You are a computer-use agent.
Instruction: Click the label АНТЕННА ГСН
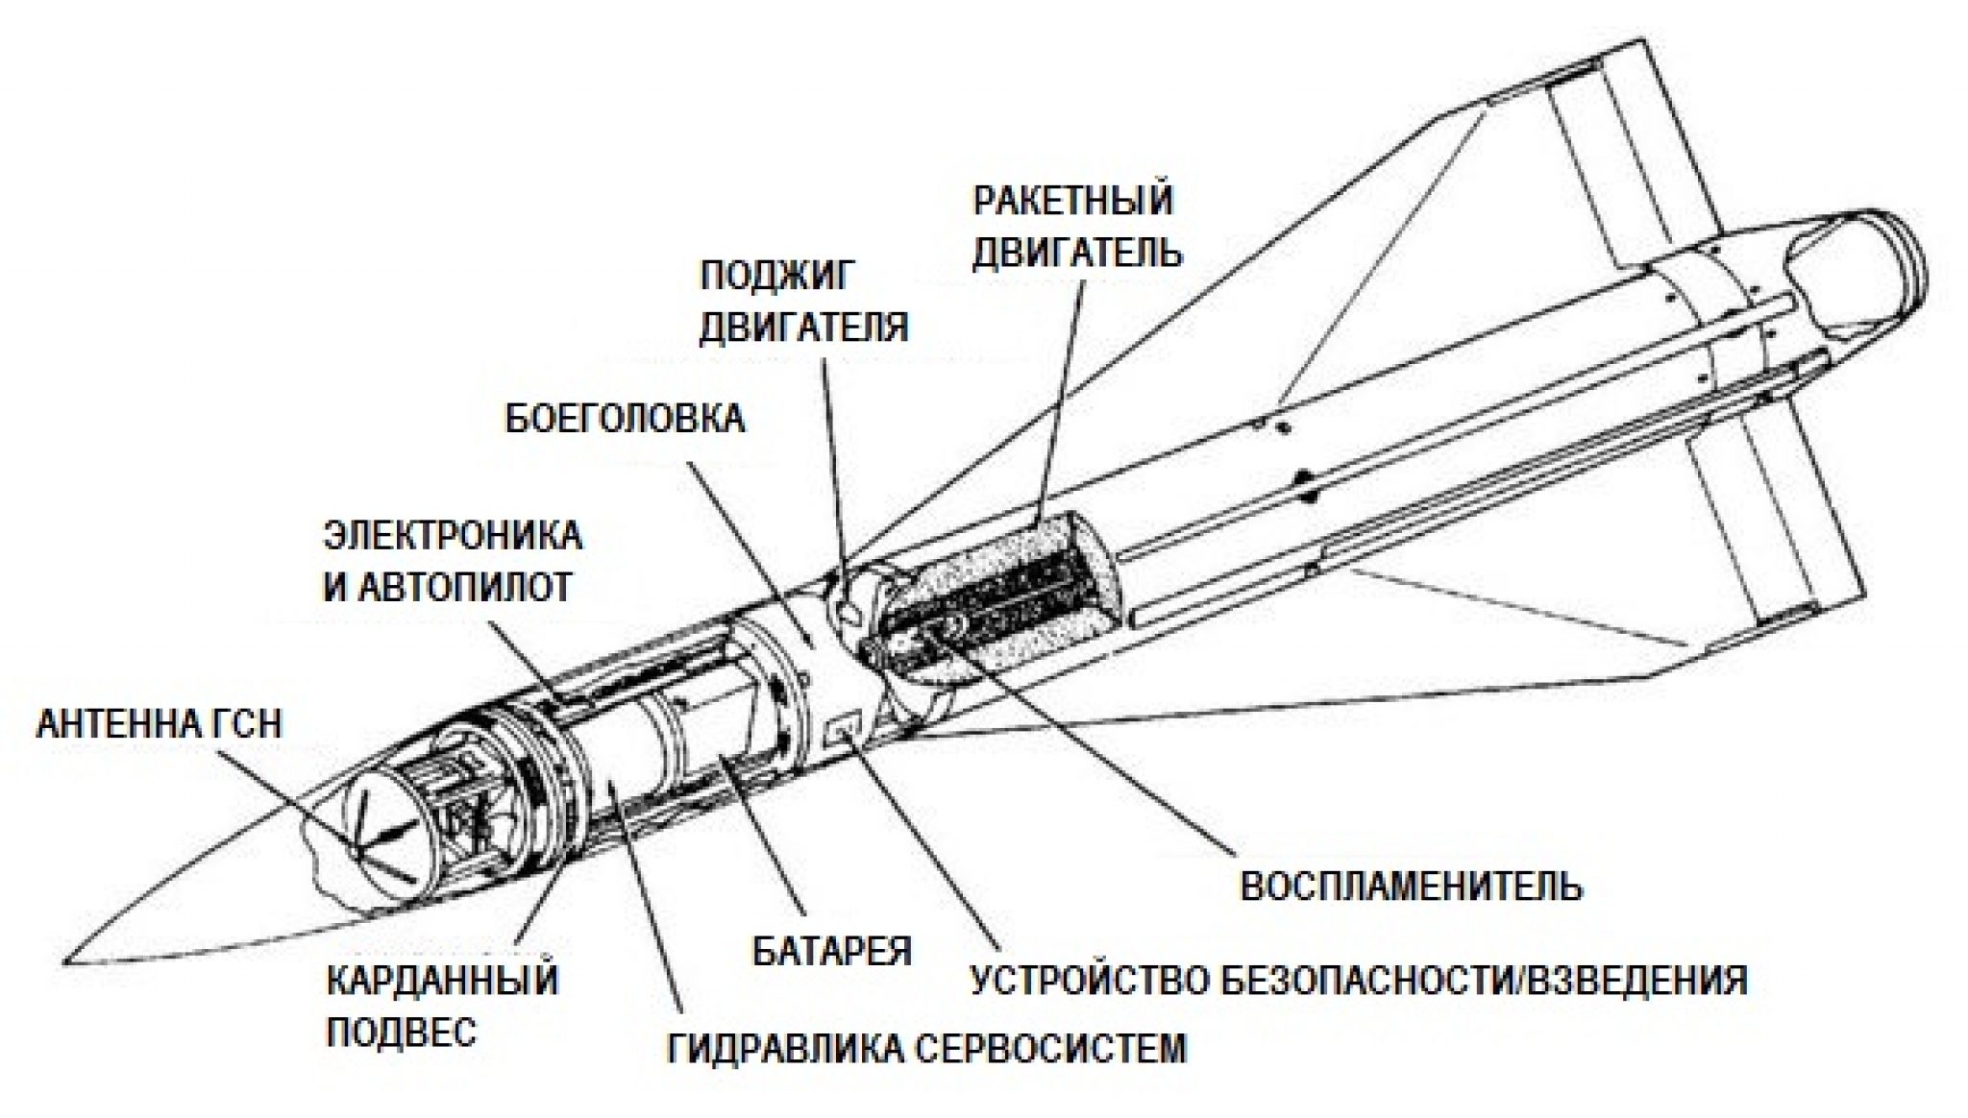(159, 723)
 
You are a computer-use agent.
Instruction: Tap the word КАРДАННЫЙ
(443, 982)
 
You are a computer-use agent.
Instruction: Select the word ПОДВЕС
(402, 1033)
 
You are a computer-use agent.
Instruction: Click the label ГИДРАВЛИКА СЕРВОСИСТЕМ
(927, 1048)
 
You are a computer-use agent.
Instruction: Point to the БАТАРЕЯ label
(831, 951)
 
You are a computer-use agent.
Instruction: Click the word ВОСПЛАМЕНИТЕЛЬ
(1411, 886)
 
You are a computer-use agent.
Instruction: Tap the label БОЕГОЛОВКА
(625, 420)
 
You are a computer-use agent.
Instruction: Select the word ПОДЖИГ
(776, 277)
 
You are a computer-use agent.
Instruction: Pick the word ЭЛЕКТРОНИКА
(452, 536)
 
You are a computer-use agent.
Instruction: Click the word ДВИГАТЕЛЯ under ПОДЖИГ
(803, 327)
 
